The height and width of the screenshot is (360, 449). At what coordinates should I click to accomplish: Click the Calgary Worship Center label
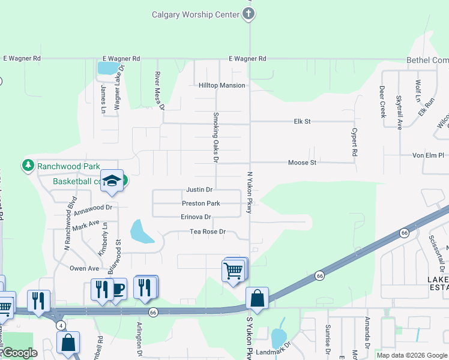196,14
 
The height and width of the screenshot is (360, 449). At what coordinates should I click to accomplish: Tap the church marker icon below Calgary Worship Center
250,14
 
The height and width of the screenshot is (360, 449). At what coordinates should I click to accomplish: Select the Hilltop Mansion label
222,85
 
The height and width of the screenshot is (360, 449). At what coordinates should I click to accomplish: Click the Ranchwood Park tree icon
28,165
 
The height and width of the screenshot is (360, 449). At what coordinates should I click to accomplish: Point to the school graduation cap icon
112,181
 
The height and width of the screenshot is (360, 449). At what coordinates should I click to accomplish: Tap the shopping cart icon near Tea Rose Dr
234,270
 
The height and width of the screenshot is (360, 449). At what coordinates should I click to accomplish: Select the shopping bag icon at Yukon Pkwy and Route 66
257,298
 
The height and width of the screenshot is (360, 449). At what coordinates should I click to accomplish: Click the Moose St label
302,163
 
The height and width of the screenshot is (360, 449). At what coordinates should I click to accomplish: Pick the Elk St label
302,121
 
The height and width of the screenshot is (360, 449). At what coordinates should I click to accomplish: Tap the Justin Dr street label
200,190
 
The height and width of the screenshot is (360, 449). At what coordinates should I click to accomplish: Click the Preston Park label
201,203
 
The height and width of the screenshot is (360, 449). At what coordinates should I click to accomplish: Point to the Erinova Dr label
196,217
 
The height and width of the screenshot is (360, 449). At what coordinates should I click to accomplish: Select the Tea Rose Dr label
207,232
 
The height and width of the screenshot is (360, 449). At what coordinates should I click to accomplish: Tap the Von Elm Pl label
427,155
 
